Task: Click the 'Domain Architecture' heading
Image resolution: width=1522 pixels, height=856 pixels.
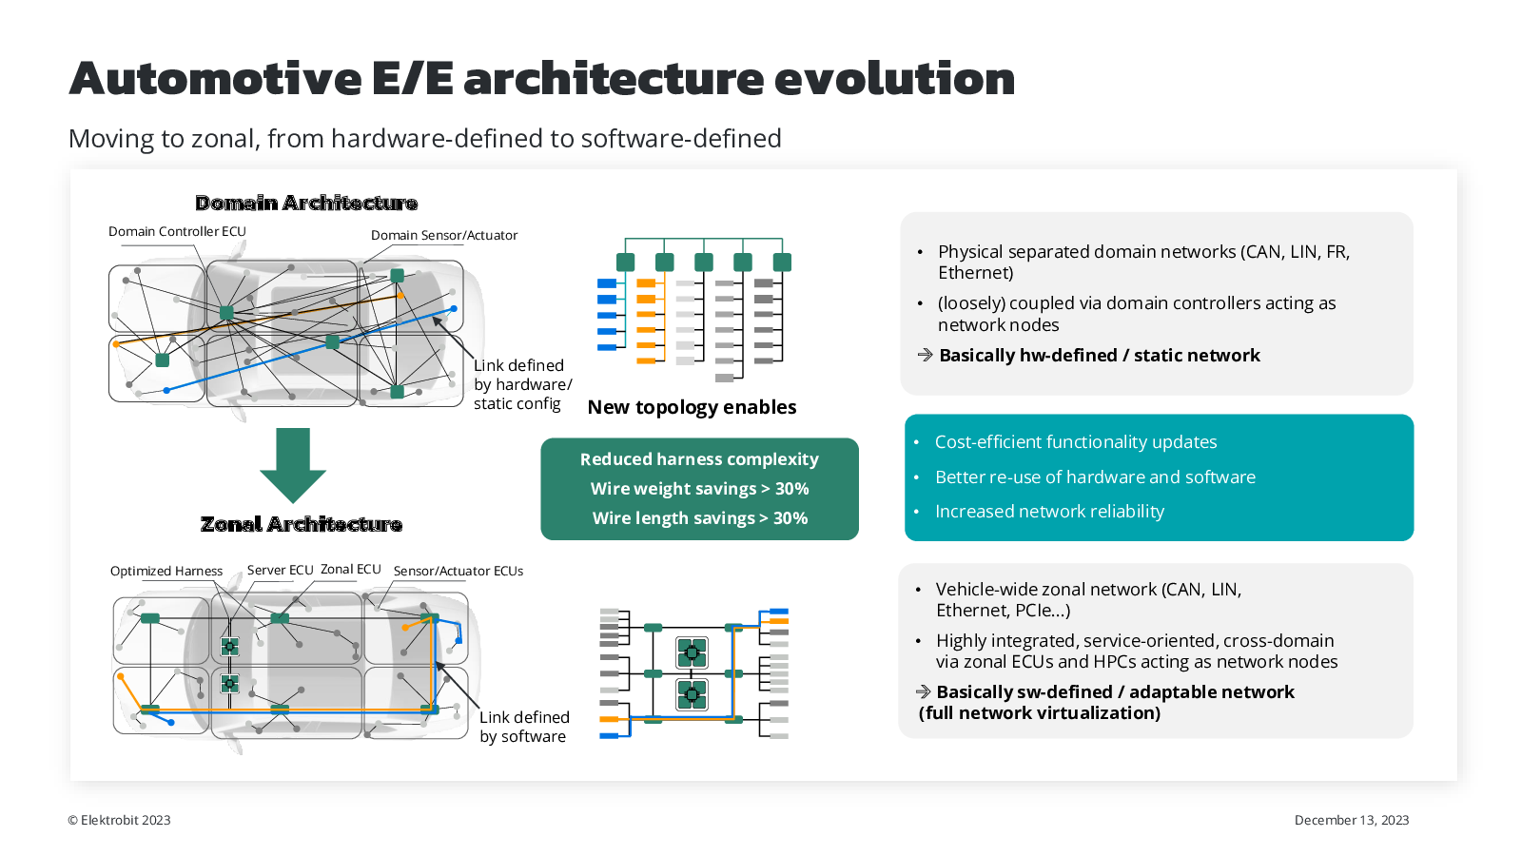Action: pos(306,203)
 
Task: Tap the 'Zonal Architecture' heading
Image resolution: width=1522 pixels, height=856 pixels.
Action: pos(302,524)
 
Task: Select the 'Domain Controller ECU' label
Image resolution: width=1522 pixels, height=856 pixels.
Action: pos(177,231)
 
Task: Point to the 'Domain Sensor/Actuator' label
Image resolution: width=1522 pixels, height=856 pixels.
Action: pos(444,235)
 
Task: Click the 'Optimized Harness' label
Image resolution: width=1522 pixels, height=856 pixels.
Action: pos(166,571)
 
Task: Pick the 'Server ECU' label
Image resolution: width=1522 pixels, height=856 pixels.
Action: pos(280,570)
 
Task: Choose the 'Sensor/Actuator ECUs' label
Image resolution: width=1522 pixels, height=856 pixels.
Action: pos(459,571)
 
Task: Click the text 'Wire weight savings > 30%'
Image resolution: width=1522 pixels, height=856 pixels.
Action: pos(699,489)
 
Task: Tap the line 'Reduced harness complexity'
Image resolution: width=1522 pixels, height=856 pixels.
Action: pos(699,459)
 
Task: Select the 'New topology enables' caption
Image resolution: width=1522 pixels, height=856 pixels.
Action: pos(692,407)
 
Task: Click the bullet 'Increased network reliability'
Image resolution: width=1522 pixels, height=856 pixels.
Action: pos(1049,512)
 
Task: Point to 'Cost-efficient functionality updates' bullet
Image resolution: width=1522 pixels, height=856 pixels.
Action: pos(1076,442)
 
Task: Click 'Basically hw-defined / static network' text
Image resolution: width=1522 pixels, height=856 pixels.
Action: pos(1099,356)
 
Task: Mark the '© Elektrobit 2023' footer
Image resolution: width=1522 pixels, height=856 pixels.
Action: pos(119,820)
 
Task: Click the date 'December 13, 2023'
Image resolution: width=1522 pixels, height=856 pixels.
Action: pos(1351,820)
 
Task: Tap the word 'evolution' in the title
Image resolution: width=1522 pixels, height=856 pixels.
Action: pos(894,78)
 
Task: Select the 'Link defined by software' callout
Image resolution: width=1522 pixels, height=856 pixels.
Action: pos(524,727)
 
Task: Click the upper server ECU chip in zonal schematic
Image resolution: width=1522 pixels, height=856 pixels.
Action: pos(692,652)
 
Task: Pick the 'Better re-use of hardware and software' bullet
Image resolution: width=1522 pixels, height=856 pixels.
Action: pos(1095,477)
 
